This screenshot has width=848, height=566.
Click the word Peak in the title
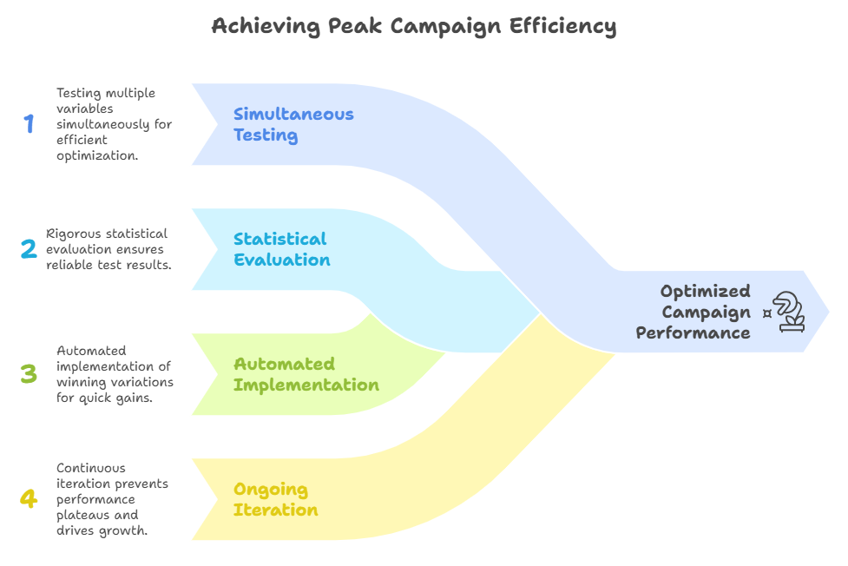pos(354,26)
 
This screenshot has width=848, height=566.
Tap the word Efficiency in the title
pos(562,27)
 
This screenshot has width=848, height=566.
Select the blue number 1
pos(29,123)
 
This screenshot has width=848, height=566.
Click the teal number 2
pos(29,249)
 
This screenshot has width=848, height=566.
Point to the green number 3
pos(29,374)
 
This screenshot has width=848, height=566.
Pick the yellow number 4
pos(29,498)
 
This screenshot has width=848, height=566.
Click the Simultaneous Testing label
pos(293,124)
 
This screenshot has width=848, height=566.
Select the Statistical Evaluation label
pos(281,249)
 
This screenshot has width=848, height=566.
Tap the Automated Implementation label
pos(306,374)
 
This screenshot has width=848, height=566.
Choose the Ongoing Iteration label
pos(275,499)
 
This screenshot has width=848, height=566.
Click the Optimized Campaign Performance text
pos(694,313)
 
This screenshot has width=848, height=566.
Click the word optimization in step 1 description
pos(97,156)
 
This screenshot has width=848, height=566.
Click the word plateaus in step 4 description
pos(82,516)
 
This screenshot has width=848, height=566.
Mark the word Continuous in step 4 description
pos(83,468)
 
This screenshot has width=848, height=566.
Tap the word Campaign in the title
pos(445,27)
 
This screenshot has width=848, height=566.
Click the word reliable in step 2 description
pos(69,265)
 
